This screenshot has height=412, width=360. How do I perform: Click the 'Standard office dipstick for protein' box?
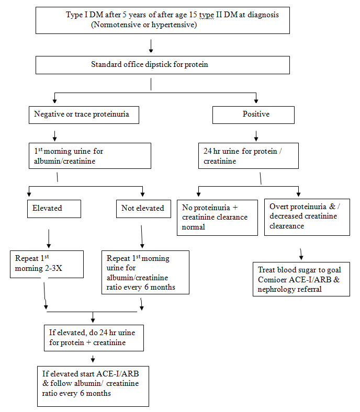[163, 65]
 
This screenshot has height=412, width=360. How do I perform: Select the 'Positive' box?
[253, 115]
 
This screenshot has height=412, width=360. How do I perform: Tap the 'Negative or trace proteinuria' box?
[84, 115]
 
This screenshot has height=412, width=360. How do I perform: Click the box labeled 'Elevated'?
[54, 209]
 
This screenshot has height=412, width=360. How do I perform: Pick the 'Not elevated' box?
[143, 209]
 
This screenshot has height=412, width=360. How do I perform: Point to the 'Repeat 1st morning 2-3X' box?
[47, 264]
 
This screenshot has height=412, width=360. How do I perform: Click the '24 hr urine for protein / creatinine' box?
[249, 156]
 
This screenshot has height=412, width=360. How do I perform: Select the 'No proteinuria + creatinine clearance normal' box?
[217, 218]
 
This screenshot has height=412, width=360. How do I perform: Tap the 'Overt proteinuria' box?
[307, 217]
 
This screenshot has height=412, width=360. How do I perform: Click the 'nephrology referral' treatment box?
[301, 279]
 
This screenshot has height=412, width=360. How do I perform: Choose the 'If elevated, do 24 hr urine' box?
[94, 338]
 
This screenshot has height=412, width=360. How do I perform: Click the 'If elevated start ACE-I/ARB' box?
[93, 386]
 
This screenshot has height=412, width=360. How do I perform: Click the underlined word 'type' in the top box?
[207, 15]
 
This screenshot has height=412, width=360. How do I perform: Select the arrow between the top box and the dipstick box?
[151, 45]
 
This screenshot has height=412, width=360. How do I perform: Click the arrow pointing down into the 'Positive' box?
[256, 98]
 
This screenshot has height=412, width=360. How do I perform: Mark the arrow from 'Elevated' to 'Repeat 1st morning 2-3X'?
[49, 238]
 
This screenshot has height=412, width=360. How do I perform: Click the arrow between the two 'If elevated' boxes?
[93, 359]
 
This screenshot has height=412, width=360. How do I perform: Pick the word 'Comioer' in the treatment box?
[272, 280]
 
